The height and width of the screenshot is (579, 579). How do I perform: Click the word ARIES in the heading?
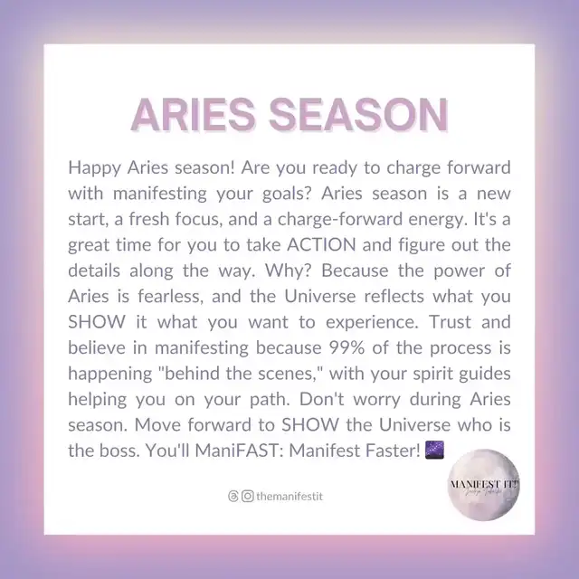pos(193,115)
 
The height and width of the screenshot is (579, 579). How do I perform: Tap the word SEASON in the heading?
pos(358,115)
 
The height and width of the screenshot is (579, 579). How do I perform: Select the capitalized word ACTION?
pos(321,245)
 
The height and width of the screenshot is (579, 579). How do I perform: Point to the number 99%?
pos(346,347)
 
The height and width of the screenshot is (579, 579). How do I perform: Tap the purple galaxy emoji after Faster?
pos(434,450)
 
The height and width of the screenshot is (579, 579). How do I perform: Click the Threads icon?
pos(233,497)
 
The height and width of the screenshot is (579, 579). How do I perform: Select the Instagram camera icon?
pos(247,497)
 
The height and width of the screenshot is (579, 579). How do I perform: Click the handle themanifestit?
pos(289,497)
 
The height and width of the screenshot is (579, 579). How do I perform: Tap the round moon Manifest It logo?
pos(483,485)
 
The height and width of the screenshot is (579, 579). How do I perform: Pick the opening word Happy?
pos(94,168)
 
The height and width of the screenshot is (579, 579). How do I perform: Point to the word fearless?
pos(171,296)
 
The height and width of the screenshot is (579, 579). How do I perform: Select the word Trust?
pos(451,322)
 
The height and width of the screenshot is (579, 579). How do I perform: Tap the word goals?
pos(288,195)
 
